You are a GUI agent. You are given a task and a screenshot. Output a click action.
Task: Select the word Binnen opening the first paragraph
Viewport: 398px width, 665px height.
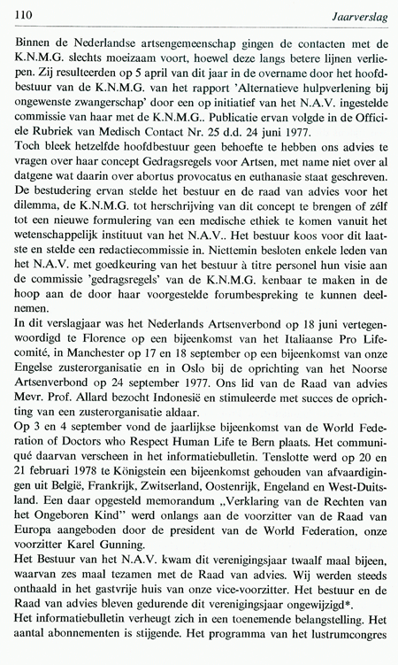tap(33, 42)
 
